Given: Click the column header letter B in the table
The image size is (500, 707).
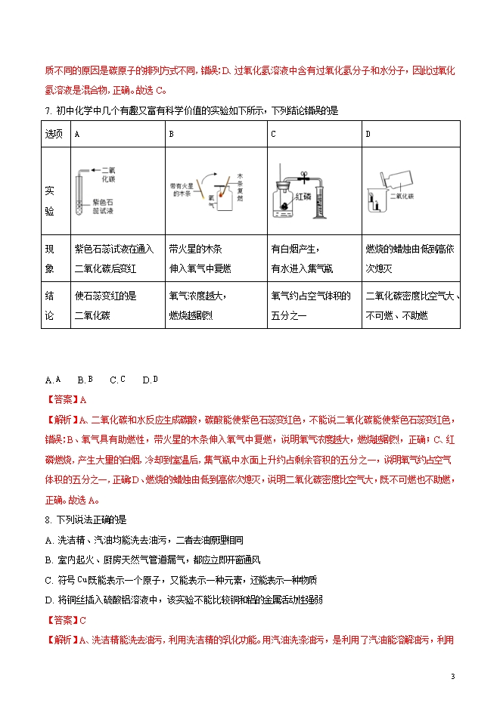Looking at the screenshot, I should pos(172,134).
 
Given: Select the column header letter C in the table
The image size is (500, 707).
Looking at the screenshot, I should pos(273,134).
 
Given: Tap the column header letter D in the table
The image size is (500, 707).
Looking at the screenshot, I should pos(368,134).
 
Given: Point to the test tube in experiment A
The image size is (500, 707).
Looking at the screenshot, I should pos(79,196).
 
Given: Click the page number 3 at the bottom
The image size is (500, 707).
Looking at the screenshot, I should pos(452,676).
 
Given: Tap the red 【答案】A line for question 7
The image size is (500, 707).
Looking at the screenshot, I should pos(67,399).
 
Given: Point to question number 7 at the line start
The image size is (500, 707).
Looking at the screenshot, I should pos(48,110).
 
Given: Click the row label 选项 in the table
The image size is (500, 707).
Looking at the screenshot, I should pos(54,134).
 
